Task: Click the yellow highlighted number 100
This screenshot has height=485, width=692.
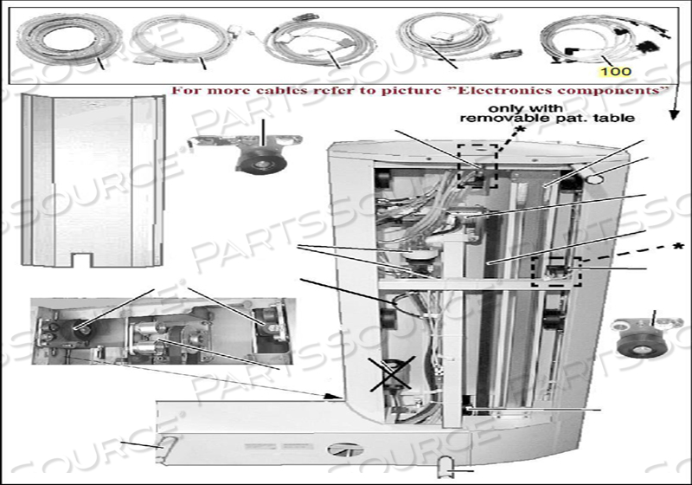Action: (x=615, y=71)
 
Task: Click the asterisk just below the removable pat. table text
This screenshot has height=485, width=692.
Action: (x=521, y=129)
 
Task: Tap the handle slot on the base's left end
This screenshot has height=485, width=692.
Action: (x=166, y=445)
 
